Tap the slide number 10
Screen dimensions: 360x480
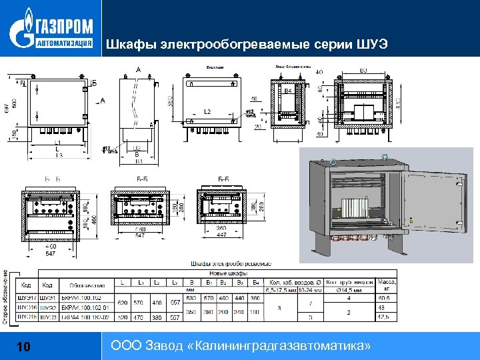pos(23,347)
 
